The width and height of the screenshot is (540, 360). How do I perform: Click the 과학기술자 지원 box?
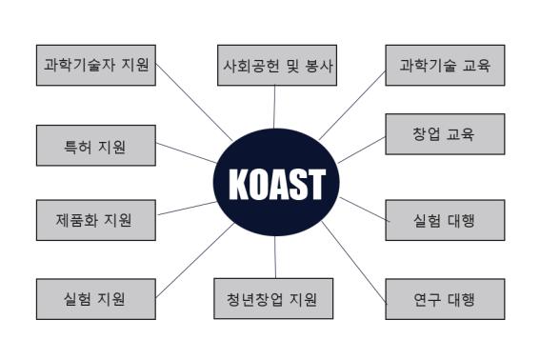[x=95, y=66]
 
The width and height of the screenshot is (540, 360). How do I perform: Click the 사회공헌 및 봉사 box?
[x=274, y=65]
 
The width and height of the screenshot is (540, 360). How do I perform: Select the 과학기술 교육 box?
[x=445, y=65]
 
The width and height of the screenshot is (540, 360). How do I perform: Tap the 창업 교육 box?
[x=445, y=134]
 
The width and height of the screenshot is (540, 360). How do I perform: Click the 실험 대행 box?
[x=445, y=221]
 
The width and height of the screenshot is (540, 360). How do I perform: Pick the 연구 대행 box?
[x=445, y=298]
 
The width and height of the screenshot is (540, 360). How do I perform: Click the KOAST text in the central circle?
[x=275, y=184]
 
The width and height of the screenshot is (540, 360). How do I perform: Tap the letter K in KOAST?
[x=238, y=184]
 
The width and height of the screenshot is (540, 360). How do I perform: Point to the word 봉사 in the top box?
[x=316, y=66]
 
